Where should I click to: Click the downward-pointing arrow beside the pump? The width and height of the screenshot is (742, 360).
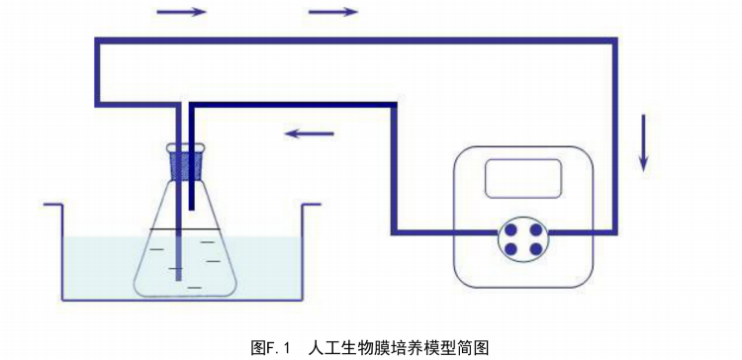point(644,142)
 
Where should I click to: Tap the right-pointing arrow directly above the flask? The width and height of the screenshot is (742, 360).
point(182,12)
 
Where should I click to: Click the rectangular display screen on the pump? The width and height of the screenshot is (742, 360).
point(522,178)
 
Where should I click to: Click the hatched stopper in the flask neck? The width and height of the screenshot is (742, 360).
point(188,162)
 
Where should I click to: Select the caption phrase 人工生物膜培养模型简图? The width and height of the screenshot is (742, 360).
point(399,347)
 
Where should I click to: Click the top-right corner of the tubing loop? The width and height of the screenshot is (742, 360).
point(614,41)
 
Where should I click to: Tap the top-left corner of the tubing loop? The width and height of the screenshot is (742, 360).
point(98,41)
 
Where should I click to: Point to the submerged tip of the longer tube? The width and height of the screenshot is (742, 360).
point(178,278)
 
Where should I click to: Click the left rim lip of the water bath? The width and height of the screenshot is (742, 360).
point(53,205)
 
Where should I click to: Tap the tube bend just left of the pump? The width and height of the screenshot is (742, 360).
point(395,233)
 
